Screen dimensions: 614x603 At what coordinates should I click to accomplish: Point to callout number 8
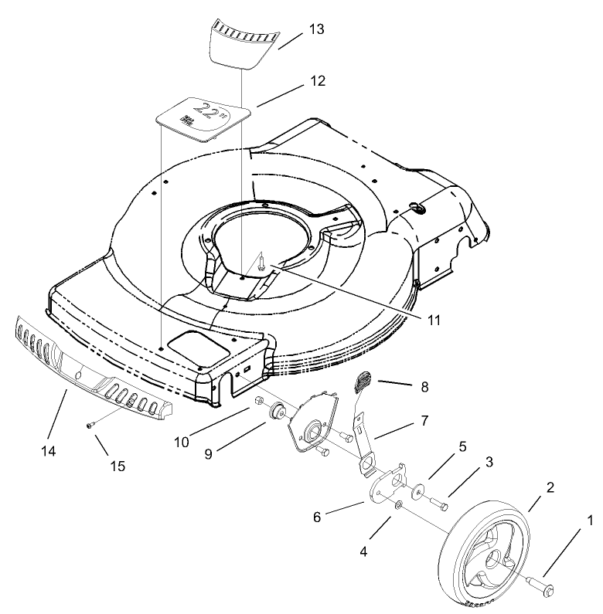[x=423, y=385]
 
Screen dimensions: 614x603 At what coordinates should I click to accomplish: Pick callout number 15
[x=118, y=466]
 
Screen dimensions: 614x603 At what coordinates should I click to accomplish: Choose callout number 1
[x=590, y=521]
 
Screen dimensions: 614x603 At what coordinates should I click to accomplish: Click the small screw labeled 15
[x=90, y=424]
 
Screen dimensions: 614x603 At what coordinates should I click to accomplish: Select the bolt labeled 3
[x=441, y=505]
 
